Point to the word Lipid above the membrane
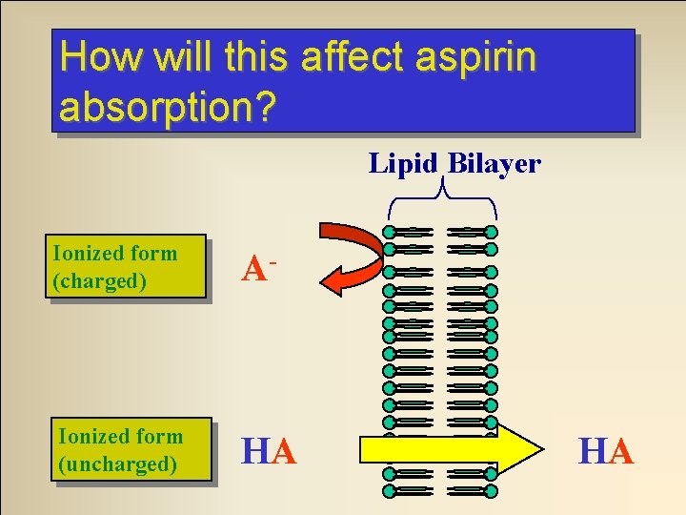pos(404,164)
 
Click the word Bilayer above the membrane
pos(494,164)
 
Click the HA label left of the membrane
pos(269,451)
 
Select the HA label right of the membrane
pos(606,451)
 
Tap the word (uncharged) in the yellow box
pos(117,464)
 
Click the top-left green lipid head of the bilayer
pos(389,232)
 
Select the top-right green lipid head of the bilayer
pos(491,232)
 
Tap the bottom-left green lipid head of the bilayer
pos(389,491)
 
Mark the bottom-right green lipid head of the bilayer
pos(491,491)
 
